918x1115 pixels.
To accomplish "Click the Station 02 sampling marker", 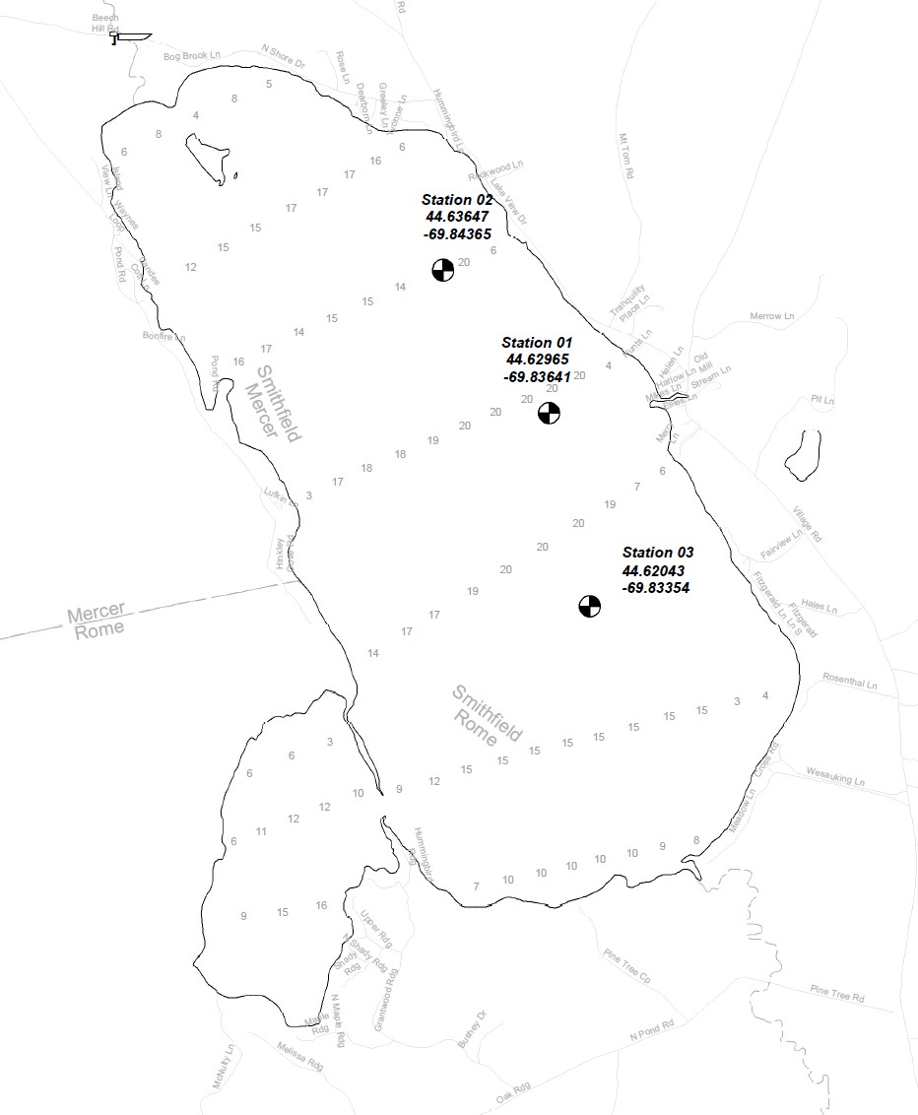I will click(x=443, y=269).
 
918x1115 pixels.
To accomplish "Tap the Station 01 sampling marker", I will click(x=550, y=413).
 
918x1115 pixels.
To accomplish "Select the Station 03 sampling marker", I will click(x=589, y=606).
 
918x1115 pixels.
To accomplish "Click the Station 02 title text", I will click(x=457, y=200).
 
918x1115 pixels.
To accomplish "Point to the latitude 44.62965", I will click(x=537, y=360).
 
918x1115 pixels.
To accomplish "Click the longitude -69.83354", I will click(x=656, y=587).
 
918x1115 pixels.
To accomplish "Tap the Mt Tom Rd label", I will click(x=625, y=156).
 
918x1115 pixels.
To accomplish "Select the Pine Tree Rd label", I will click(x=836, y=993).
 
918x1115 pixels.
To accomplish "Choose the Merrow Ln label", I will click(x=771, y=316).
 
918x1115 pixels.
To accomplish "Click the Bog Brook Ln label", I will click(x=186, y=57).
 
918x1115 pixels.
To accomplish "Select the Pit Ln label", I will click(x=821, y=401).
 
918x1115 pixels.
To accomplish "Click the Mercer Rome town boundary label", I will click(x=97, y=622).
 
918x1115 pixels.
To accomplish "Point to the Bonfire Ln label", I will click(x=164, y=337).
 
